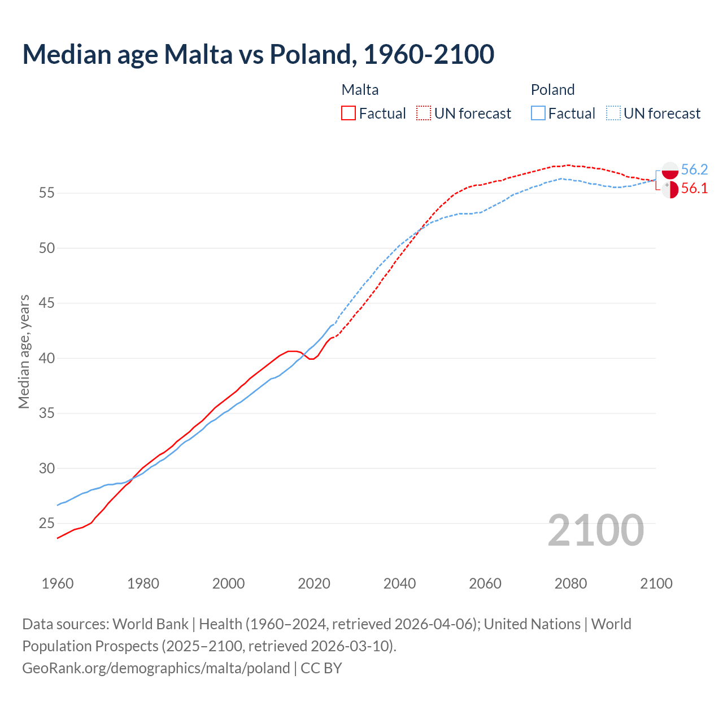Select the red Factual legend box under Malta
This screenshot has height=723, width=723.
click(x=349, y=113)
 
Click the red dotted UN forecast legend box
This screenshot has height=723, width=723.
click(x=424, y=113)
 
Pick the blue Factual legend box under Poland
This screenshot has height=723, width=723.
click(x=538, y=113)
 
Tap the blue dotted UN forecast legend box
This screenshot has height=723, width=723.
click(x=613, y=113)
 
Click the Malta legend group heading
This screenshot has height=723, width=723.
click(x=360, y=90)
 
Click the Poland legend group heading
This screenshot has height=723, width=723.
click(x=552, y=90)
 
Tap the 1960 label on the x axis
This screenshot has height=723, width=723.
click(x=58, y=583)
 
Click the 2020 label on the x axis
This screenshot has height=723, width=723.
click(x=314, y=583)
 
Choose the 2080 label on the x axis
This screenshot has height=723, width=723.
click(x=570, y=583)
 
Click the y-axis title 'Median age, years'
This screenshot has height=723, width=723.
click(x=24, y=351)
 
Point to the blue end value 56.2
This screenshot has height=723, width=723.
click(x=694, y=169)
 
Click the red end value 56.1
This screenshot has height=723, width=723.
click(x=694, y=189)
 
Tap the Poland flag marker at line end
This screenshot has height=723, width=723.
click(x=670, y=171)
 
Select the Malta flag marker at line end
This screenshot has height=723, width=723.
click(x=670, y=189)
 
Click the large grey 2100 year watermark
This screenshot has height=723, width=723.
click(x=595, y=530)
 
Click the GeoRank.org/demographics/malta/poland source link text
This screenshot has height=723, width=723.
click(x=156, y=668)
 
